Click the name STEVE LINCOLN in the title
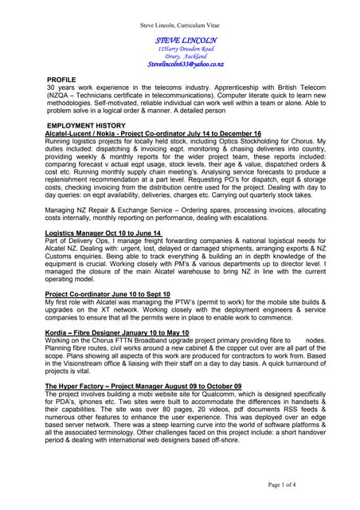(186, 39)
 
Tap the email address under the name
(186, 64)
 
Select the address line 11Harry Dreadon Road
(186, 49)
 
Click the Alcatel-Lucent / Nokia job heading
(153, 133)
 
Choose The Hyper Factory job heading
(143, 386)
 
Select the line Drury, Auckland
(186, 57)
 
